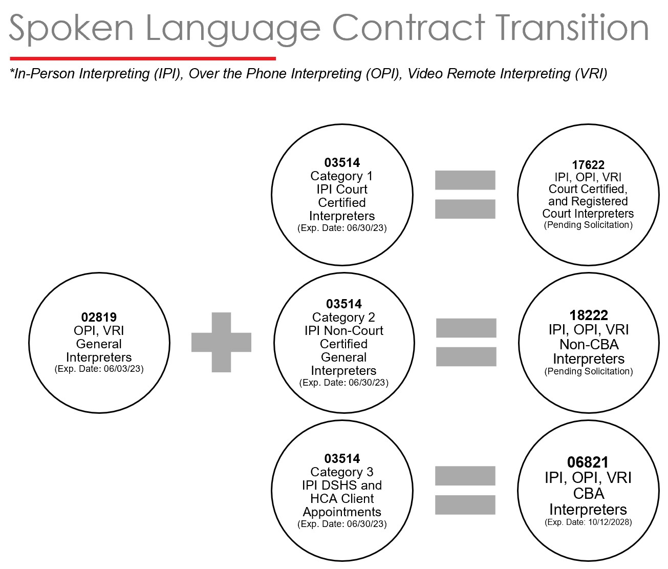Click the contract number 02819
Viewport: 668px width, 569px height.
(x=99, y=317)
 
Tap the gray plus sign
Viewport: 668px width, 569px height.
(x=221, y=342)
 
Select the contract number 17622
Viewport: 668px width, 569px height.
(x=588, y=165)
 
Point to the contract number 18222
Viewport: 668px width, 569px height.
(x=589, y=315)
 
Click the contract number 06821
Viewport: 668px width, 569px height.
(x=588, y=462)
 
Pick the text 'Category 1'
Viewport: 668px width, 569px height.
(x=342, y=176)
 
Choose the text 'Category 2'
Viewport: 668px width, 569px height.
(x=343, y=318)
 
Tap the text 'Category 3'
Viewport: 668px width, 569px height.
(x=342, y=472)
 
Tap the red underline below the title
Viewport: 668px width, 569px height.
(x=143, y=58)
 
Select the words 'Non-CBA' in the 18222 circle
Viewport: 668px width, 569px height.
(x=589, y=345)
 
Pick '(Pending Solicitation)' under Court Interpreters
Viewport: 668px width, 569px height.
(x=588, y=225)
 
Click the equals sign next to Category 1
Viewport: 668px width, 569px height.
(x=465, y=195)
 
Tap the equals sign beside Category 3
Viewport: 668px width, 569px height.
(x=465, y=491)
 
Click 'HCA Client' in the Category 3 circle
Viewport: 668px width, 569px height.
(x=342, y=498)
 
